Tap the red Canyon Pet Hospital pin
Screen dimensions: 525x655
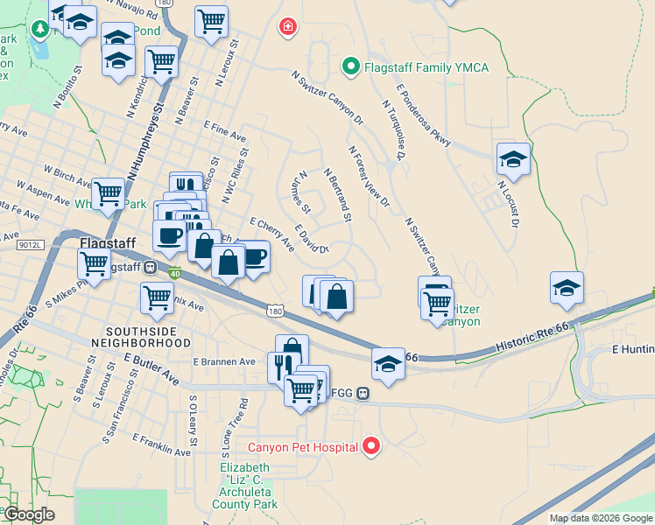371,447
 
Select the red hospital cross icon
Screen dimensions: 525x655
286,27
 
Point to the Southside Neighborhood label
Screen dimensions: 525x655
148,338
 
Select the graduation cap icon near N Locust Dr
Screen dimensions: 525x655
513,159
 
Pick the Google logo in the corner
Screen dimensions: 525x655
30,514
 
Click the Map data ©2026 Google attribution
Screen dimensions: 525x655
601,518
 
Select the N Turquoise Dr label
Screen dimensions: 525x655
391,129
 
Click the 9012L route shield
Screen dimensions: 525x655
29,246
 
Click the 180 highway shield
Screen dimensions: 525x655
275,311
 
